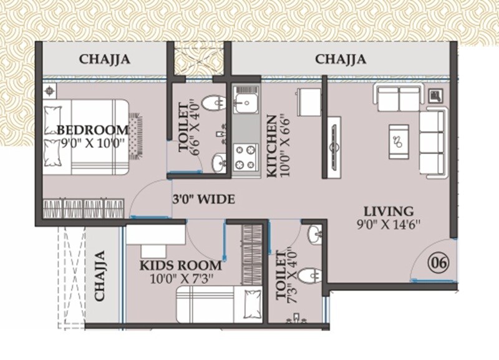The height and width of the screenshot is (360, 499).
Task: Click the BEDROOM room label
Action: (93, 130)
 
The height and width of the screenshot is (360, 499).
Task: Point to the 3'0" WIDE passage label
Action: (203, 200)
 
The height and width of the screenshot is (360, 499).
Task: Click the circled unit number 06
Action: (437, 263)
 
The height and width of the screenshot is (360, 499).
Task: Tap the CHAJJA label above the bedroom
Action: (104, 60)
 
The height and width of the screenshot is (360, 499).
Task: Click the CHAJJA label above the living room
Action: (340, 60)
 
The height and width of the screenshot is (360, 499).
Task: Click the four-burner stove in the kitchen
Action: (246, 156)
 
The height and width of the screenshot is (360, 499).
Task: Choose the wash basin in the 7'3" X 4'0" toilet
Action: (314, 235)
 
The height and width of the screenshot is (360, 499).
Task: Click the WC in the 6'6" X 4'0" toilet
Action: (216, 103)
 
